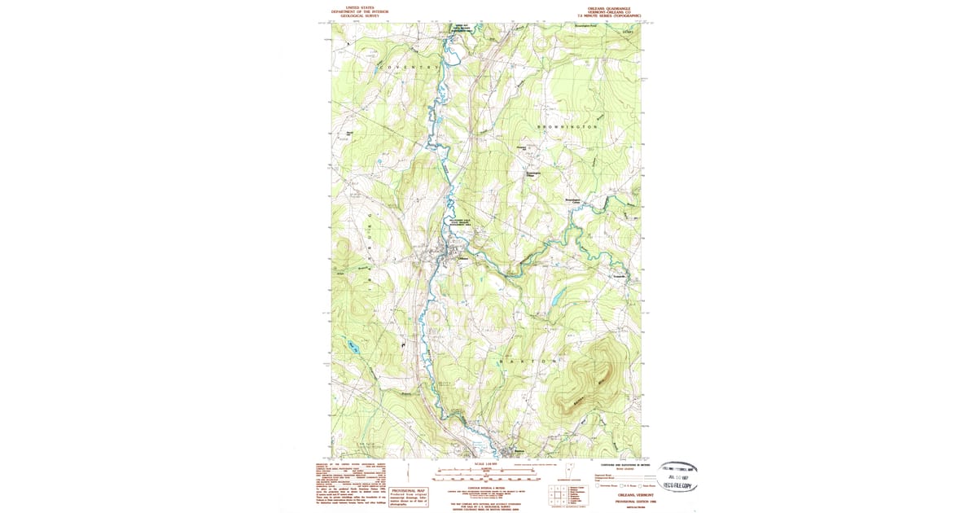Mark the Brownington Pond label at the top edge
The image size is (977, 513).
pos(586,26)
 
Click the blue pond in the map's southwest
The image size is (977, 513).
pos(353,346)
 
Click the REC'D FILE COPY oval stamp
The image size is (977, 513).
pos(677,485)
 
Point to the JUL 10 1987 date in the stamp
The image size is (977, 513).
pos(677,476)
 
